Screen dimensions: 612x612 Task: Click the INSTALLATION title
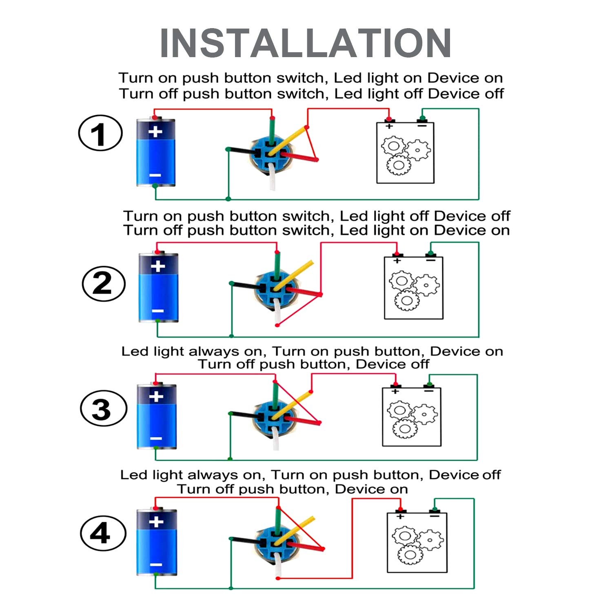[305, 43]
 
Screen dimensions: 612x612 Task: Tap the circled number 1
[100, 133]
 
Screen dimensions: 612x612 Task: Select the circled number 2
[103, 284]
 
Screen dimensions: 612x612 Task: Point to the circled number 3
[103, 408]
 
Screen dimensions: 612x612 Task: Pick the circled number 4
[102, 533]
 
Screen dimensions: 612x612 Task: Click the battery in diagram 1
[155, 152]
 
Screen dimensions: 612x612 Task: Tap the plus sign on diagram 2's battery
[158, 266]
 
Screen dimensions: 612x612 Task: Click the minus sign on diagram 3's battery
[156, 439]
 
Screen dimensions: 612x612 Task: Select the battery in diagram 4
[156, 542]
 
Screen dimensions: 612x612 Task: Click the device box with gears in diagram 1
[405, 153]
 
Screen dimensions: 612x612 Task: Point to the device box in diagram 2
[413, 288]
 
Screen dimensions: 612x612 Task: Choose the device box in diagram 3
[411, 417]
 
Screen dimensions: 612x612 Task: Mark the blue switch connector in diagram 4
[274, 543]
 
